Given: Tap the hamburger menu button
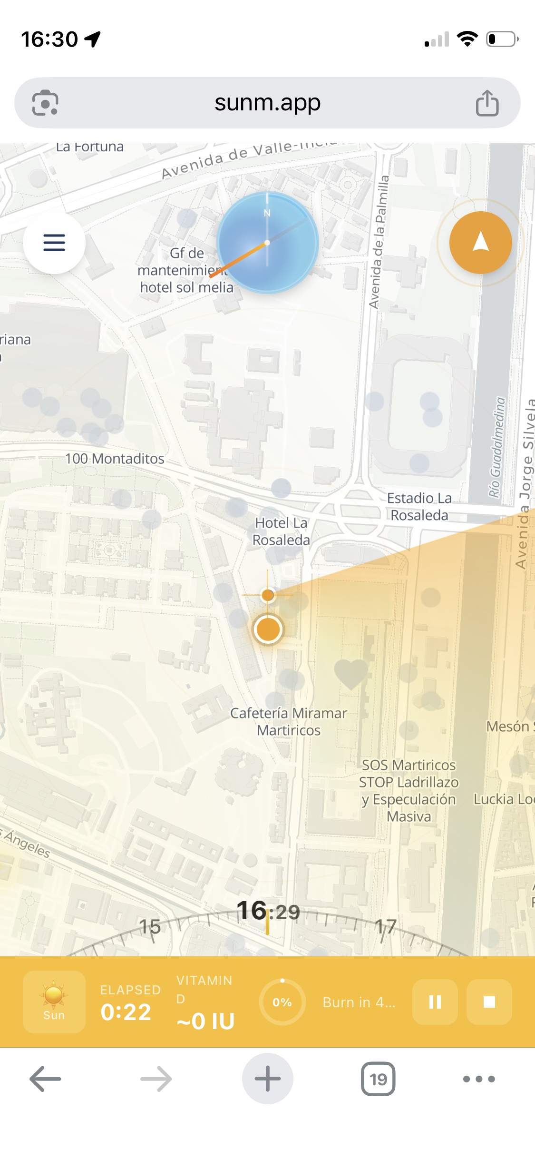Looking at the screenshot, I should [54, 243].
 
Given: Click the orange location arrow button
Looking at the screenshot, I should [480, 243].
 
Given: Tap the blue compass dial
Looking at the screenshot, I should [267, 243].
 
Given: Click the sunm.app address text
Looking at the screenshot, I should [267, 102].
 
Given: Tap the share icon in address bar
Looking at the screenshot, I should [487, 103].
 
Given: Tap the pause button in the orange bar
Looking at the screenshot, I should [435, 1002].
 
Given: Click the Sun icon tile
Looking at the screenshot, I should [54, 1002].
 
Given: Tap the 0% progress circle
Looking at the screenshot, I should [282, 1002].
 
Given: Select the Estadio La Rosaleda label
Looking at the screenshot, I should [419, 507].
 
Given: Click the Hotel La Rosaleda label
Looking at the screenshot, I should [281, 531].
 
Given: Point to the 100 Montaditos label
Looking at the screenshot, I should [115, 459].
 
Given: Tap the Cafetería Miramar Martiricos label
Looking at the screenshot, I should [289, 722].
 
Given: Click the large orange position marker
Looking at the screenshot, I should [268, 629].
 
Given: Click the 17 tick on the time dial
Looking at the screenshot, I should [385, 926].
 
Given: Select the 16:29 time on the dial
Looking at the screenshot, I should [268, 911].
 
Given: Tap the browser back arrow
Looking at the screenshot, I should [45, 1079].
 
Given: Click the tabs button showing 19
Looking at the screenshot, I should [378, 1079].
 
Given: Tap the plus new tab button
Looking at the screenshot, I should [267, 1079].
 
